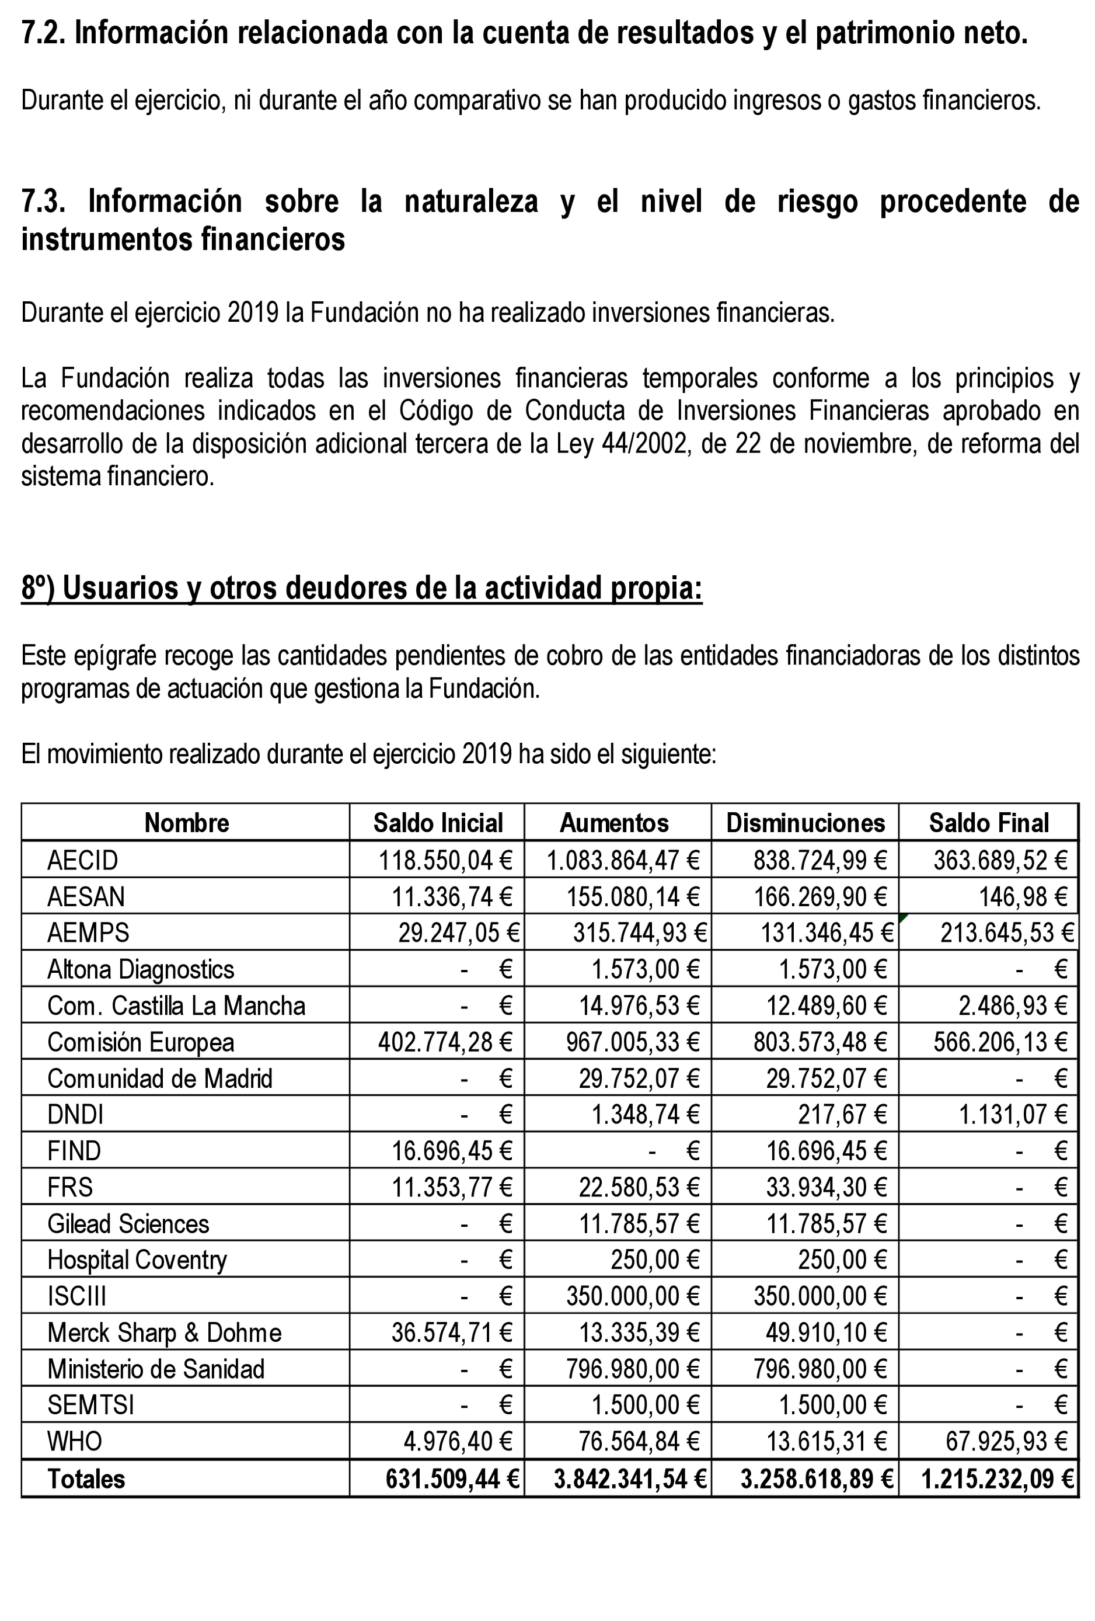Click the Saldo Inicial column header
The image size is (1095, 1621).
pos(437,823)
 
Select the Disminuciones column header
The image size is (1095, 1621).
pos(805,823)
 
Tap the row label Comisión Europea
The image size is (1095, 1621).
pos(140,1042)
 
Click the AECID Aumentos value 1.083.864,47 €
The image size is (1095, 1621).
pos(622,860)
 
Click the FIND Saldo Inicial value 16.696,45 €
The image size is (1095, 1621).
pos(452,1151)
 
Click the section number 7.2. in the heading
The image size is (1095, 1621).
pos(43,33)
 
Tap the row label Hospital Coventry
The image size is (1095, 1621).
pos(137,1260)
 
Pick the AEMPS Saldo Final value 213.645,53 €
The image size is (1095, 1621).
pos(1006,933)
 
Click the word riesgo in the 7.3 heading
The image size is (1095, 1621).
pos(812,201)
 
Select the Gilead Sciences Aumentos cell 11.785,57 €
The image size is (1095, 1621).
pos(639,1223)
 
